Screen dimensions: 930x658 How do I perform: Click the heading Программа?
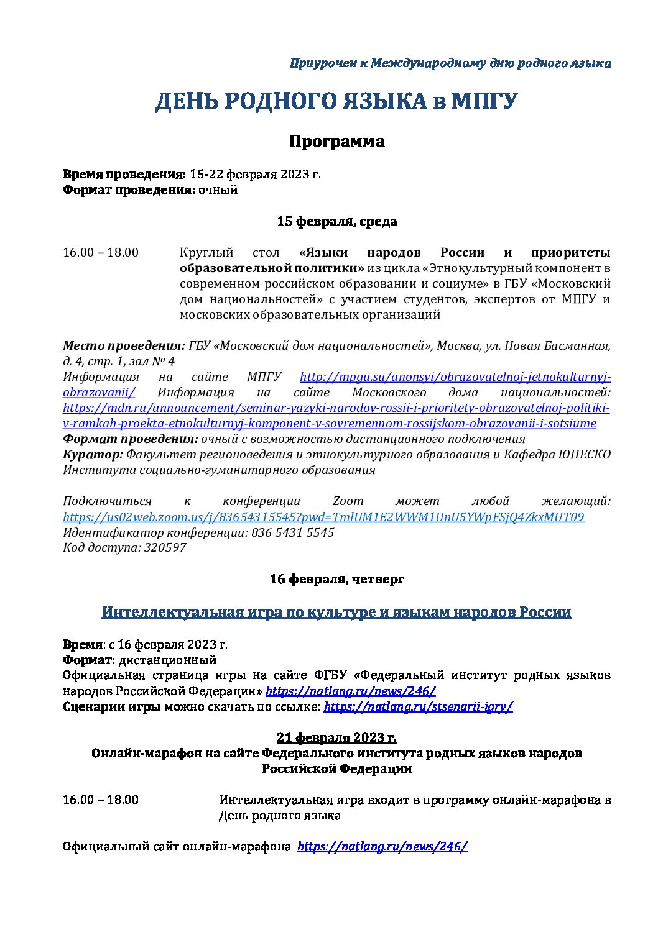click(336, 141)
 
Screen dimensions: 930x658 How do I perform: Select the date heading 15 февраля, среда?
click(336, 221)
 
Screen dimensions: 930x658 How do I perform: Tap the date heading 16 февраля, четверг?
click(336, 579)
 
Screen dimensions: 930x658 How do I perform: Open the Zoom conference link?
click(323, 517)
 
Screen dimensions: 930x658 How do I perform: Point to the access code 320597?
click(165, 547)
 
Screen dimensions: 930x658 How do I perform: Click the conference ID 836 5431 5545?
click(292, 532)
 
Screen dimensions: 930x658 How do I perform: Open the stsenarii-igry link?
click(418, 706)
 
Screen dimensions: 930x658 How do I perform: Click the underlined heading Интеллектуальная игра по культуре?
click(336, 612)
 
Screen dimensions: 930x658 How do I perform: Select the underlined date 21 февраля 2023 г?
click(336, 737)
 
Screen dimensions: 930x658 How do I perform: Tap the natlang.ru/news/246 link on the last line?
click(382, 846)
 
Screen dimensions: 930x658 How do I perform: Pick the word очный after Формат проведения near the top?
click(218, 189)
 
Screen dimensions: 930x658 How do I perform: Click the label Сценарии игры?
click(112, 706)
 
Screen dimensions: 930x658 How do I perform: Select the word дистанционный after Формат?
click(167, 660)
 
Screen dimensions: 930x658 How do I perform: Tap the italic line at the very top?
click(450, 63)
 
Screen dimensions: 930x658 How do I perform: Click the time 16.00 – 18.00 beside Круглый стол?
click(101, 252)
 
